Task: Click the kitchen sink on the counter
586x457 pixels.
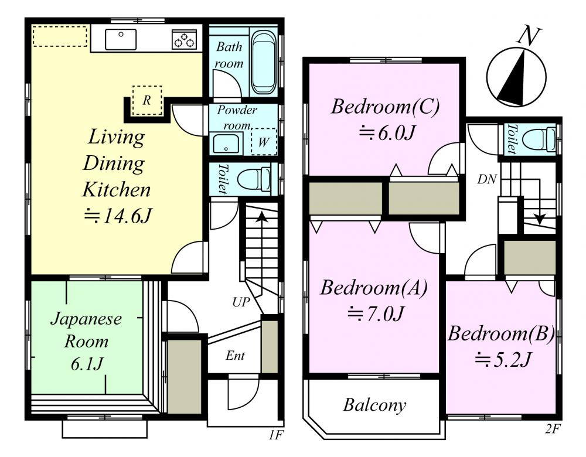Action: coord(121,39)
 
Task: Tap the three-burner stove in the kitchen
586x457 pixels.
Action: coord(184,40)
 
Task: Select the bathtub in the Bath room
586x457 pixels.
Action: coord(264,62)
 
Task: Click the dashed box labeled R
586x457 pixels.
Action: coord(147,101)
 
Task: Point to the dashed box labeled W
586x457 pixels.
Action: coord(264,142)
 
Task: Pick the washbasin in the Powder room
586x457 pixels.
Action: coord(226,144)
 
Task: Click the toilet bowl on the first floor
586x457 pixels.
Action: coord(254,179)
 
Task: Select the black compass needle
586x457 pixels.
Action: coord(515,83)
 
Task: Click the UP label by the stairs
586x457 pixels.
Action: coord(241,302)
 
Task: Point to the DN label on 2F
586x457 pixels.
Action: coord(487,180)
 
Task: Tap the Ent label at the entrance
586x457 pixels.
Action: coord(235,356)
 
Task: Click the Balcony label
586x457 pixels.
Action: coord(374,405)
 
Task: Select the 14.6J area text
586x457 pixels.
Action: coord(117,216)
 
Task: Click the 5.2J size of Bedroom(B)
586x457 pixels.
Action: coord(503,360)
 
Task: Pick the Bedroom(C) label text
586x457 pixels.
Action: coord(386,107)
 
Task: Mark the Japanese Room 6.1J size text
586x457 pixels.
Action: coord(87,364)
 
